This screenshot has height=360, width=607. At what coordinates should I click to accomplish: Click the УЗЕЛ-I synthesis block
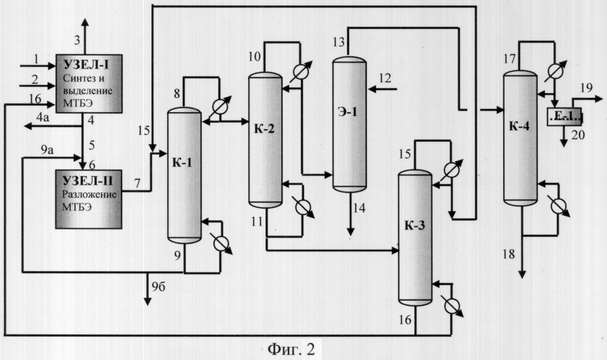pyautogui.click(x=89, y=84)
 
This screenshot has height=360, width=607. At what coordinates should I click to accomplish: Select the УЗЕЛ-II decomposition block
pyautogui.click(x=89, y=199)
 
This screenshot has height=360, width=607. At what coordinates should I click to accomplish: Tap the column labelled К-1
pyautogui.click(x=184, y=175)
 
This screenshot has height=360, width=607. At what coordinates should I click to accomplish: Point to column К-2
pyautogui.click(x=265, y=140)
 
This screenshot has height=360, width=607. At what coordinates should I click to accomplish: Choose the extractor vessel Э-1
pyautogui.click(x=350, y=124)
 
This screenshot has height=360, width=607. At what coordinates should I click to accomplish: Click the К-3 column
pyautogui.click(x=415, y=238)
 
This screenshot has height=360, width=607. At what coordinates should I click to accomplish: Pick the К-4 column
pyautogui.click(x=520, y=138)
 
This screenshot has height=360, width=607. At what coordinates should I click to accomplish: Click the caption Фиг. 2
pyautogui.click(x=291, y=349)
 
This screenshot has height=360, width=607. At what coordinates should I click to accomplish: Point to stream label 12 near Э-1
pyautogui.click(x=385, y=78)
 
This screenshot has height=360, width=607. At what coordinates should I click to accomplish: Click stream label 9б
pyautogui.click(x=159, y=287)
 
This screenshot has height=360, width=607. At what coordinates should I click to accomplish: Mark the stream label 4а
pyautogui.click(x=42, y=117)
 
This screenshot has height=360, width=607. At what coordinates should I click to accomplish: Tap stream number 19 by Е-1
pyautogui.click(x=587, y=88)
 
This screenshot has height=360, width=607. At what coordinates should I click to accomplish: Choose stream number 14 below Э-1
pyautogui.click(x=359, y=208)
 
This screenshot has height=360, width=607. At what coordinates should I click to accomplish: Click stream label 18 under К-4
pyautogui.click(x=508, y=254)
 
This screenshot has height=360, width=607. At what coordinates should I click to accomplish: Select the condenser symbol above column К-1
pyautogui.click(x=220, y=107)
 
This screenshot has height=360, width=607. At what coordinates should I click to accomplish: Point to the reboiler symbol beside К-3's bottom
pyautogui.click(x=452, y=307)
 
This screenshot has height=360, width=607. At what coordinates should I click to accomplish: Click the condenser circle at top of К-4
pyautogui.click(x=555, y=71)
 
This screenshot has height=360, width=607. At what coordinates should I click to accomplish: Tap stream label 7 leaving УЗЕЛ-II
pyautogui.click(x=138, y=183)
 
